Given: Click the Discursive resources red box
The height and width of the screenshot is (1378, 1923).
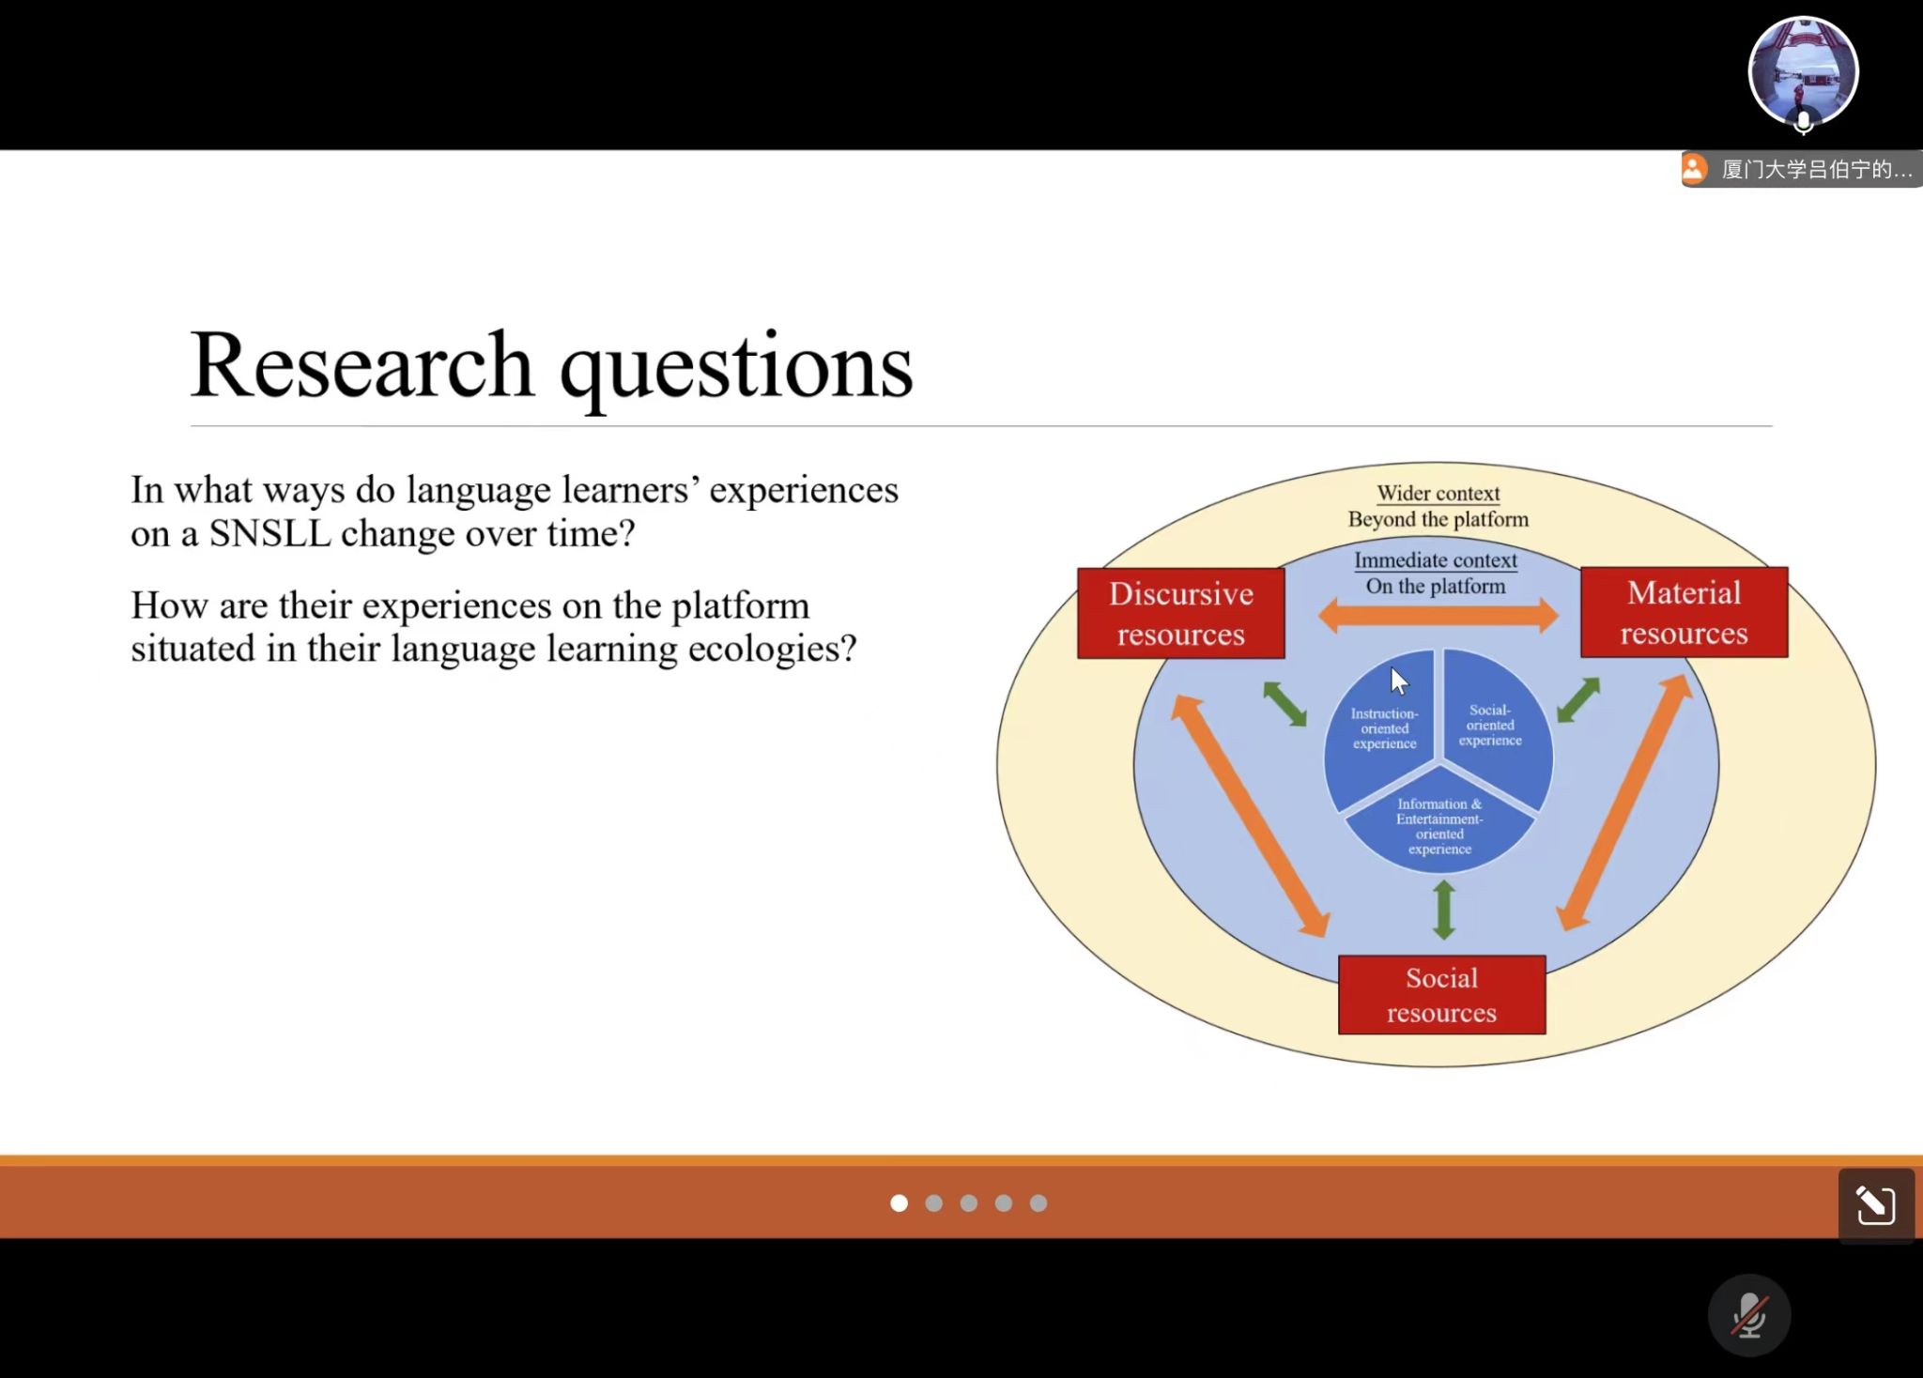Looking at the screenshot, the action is [1180, 613].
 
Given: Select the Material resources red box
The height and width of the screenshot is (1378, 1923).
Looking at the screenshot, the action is [1684, 612].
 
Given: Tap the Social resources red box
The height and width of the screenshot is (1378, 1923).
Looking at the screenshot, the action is [1441, 995].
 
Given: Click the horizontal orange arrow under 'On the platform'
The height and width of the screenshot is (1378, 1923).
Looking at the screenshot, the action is [1438, 617].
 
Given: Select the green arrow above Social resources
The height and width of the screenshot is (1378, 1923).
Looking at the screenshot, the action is [1444, 910].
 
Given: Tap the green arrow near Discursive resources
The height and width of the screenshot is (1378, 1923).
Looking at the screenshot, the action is [1285, 703].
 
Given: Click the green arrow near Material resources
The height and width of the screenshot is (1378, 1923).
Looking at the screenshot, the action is [1577, 700].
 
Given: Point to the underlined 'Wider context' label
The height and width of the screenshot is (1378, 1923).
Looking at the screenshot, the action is [1438, 493].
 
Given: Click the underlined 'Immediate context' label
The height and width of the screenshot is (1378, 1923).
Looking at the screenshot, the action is [1435, 560].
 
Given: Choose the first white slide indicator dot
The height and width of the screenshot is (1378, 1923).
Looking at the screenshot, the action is [899, 1203].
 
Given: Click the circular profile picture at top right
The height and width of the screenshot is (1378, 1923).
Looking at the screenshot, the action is [1803, 71].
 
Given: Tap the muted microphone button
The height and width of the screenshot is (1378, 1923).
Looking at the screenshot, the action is [1748, 1315].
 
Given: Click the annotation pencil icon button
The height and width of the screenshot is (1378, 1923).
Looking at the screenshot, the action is [1875, 1205].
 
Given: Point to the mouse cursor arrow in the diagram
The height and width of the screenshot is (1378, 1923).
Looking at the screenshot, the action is [1399, 681].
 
